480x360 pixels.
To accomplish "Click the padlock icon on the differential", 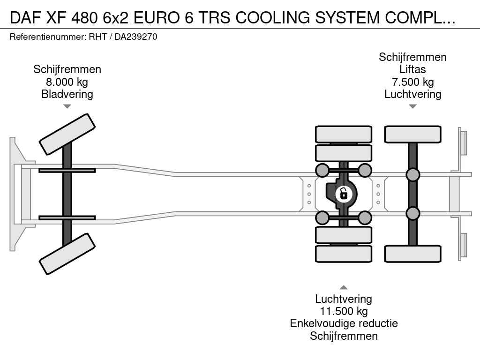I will (344, 193).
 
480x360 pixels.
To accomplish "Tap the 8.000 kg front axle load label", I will (67, 82).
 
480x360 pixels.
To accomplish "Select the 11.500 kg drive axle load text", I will (344, 311).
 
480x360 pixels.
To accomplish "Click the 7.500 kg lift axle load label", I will (412, 82).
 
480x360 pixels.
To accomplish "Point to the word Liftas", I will (412, 69).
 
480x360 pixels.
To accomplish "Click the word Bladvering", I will (67, 94).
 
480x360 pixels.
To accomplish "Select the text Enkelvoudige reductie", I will (344, 323).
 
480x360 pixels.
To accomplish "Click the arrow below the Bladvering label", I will (67, 106).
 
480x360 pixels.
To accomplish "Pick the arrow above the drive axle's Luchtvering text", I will (344, 287).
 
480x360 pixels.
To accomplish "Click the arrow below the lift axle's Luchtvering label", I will (412, 106).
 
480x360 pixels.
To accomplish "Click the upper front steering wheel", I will (67, 134).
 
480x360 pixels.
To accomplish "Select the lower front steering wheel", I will (67, 254).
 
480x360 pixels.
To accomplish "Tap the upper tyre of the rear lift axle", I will (412, 134).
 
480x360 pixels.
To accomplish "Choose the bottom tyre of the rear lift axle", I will (412, 254).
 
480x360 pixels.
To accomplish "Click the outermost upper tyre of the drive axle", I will (344, 134).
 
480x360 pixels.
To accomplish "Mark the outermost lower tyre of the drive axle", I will (344, 254).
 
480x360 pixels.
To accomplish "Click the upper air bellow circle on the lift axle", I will (412, 175).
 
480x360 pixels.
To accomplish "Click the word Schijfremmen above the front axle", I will (67, 70).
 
